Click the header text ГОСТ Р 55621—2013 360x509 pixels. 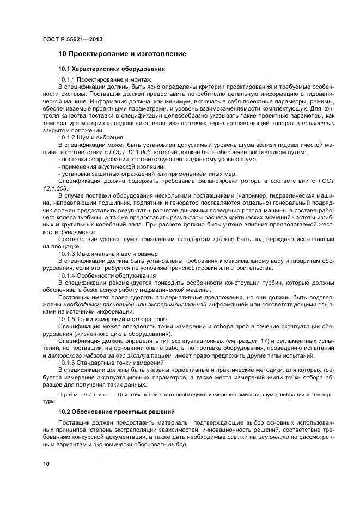pyautogui.click(x=72, y=40)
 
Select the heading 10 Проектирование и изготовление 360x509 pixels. pyautogui.click(x=123, y=54)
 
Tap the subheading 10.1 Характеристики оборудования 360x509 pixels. pyautogui.click(x=112, y=69)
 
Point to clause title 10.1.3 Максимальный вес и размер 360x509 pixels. pyautogui.click(x=108, y=254)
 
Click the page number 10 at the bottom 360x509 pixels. pyautogui.click(x=46, y=464)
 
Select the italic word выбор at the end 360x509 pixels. pyautogui.click(x=176, y=445)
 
